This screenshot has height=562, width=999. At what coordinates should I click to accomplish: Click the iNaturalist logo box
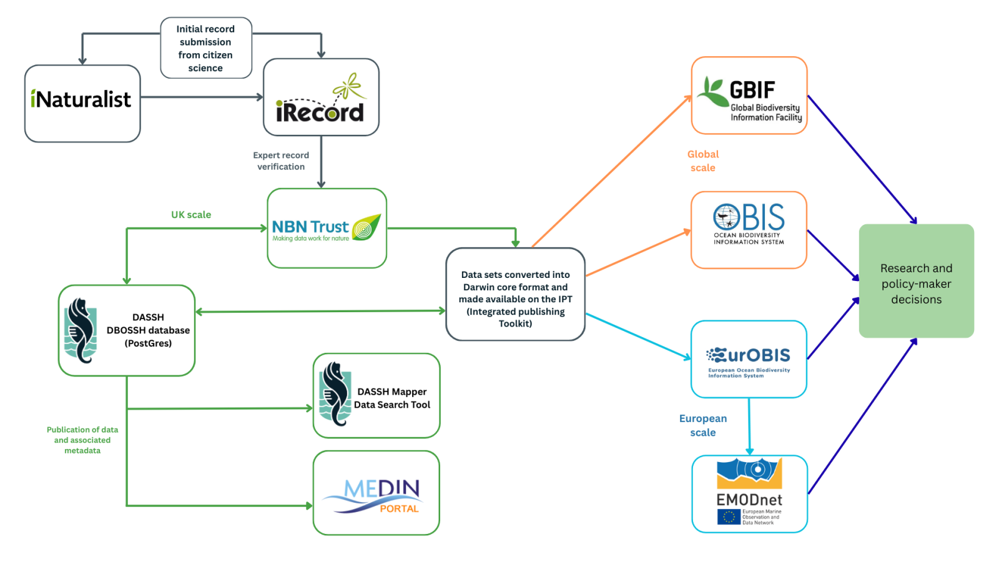[x=82, y=103]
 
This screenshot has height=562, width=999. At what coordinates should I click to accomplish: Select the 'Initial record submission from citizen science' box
[x=205, y=48]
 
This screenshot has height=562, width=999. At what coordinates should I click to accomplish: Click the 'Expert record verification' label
[x=281, y=161]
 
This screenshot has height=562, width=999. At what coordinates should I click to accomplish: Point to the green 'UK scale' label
[x=191, y=215]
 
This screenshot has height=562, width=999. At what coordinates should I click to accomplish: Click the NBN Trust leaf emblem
[x=367, y=228]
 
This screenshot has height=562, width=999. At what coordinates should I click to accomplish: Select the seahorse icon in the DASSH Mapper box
[x=335, y=394]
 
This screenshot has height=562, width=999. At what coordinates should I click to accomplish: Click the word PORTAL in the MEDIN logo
[x=399, y=509]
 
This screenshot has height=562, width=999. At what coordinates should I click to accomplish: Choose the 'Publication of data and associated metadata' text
[x=82, y=440]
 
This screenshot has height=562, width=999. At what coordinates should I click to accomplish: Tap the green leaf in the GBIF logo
[x=712, y=92]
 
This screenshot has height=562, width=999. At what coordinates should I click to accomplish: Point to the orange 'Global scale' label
[x=703, y=161]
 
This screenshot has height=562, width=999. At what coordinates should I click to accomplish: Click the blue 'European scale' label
[x=703, y=425]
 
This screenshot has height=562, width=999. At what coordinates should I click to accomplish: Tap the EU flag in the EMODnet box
[x=729, y=517]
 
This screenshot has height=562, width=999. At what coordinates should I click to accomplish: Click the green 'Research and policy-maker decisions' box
[x=916, y=281]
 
